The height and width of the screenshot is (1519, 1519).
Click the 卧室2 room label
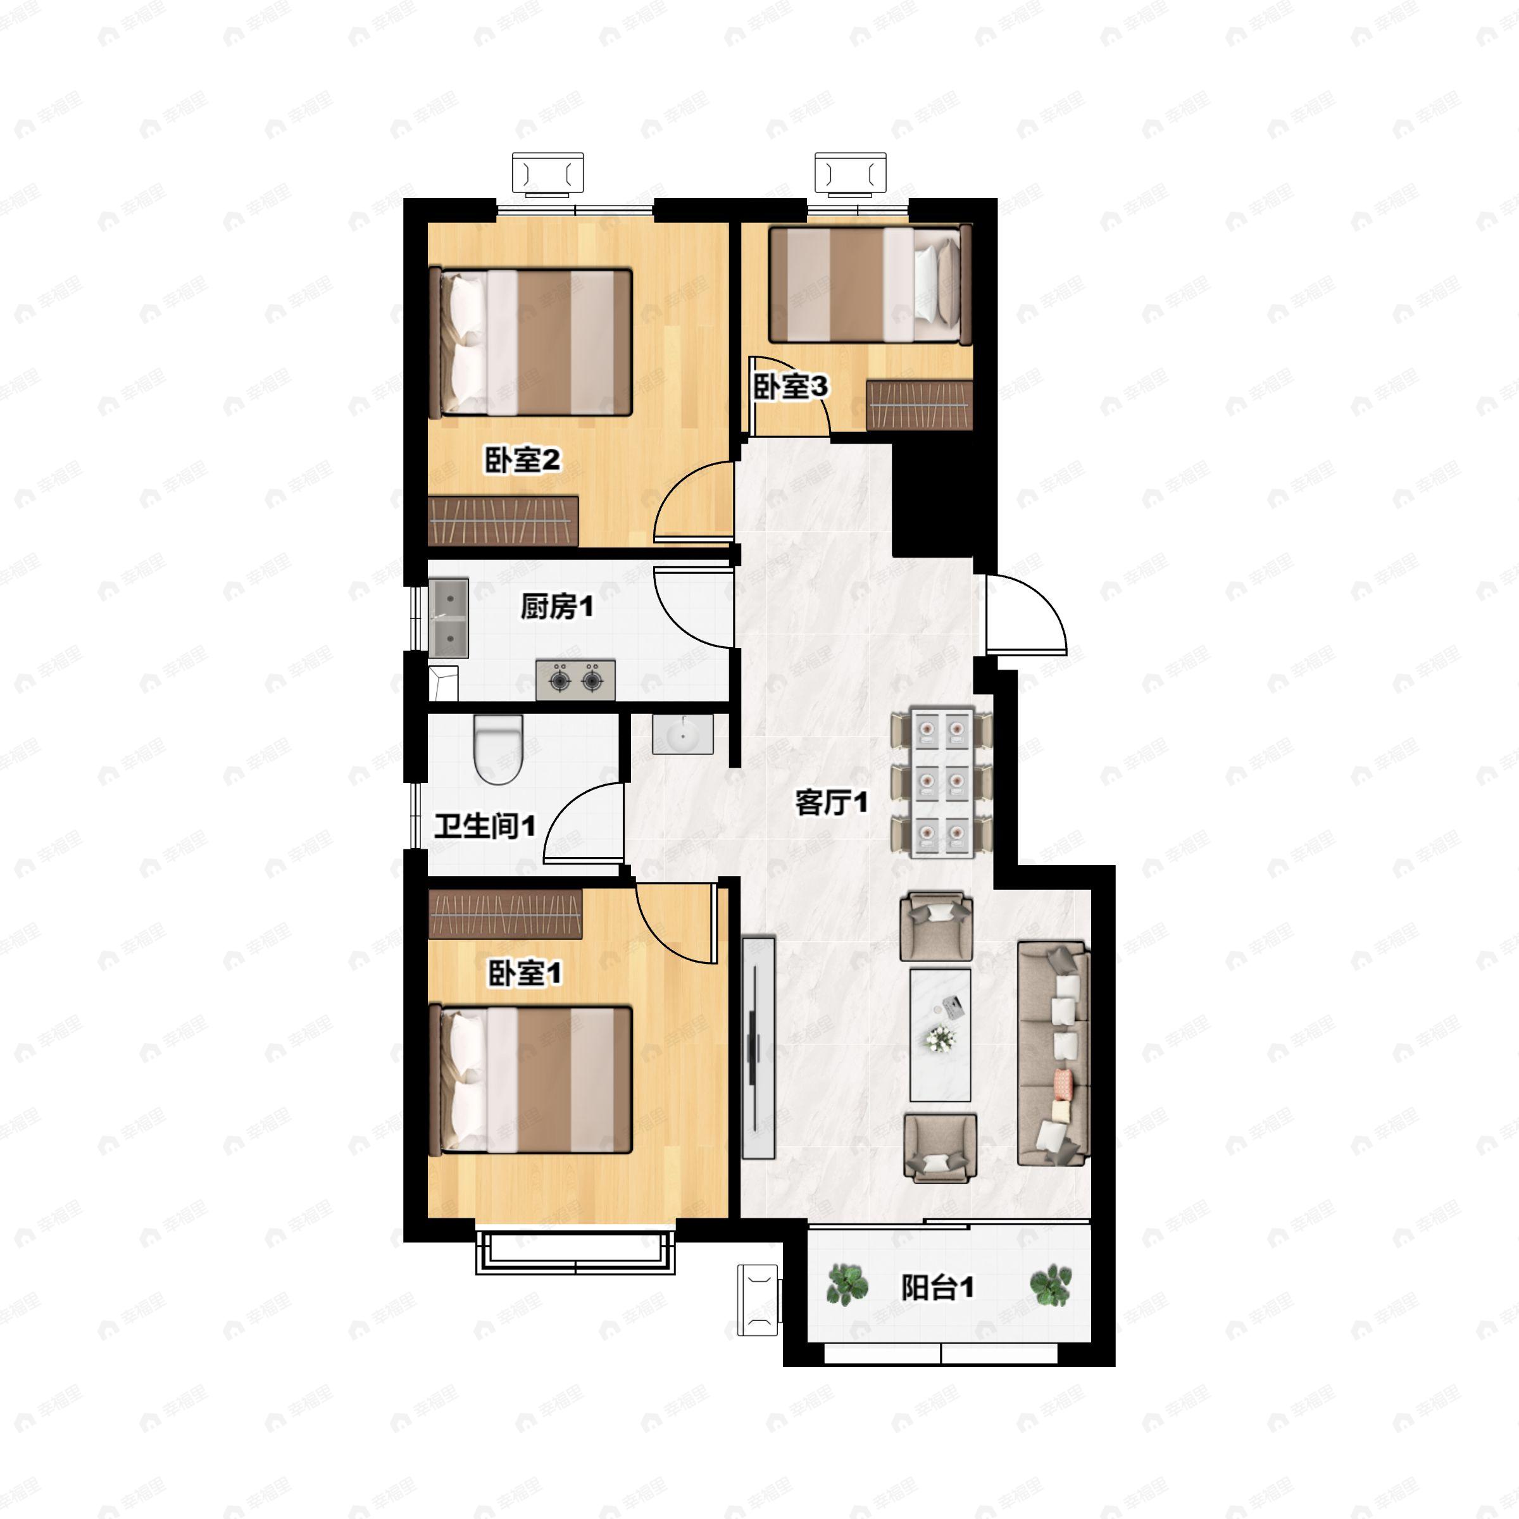[x=522, y=460]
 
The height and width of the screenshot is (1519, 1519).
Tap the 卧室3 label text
[x=791, y=387]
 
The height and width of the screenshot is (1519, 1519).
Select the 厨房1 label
[x=557, y=606]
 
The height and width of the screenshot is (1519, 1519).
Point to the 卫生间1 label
[x=485, y=827]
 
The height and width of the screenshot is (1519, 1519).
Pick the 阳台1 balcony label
[x=937, y=1287]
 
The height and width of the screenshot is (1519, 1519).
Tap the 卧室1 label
[x=525, y=973]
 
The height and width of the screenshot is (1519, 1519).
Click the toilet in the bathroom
[x=499, y=749]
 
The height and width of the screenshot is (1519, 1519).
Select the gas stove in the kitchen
[x=575, y=680]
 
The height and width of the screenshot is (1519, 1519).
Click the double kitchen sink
[x=449, y=618]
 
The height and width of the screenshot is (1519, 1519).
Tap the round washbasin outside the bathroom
[x=682, y=734]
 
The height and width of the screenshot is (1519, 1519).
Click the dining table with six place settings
[x=941, y=782]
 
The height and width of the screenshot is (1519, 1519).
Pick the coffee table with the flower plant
[x=939, y=1035]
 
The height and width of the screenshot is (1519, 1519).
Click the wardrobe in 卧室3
[x=919, y=405]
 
